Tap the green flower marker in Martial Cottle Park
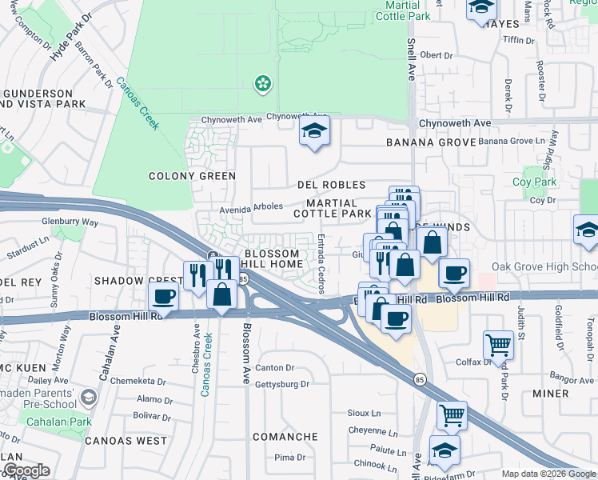(261, 82)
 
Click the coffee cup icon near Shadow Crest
(164, 297)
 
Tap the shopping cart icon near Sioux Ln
(452, 416)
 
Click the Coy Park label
(534, 182)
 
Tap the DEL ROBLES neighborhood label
(331, 185)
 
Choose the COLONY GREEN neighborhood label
(193, 176)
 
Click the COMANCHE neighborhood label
(285, 437)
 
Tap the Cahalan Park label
(58, 422)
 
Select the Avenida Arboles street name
(252, 206)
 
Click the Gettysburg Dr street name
(281, 384)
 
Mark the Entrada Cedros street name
(321, 264)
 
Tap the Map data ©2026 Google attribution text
(548, 474)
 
